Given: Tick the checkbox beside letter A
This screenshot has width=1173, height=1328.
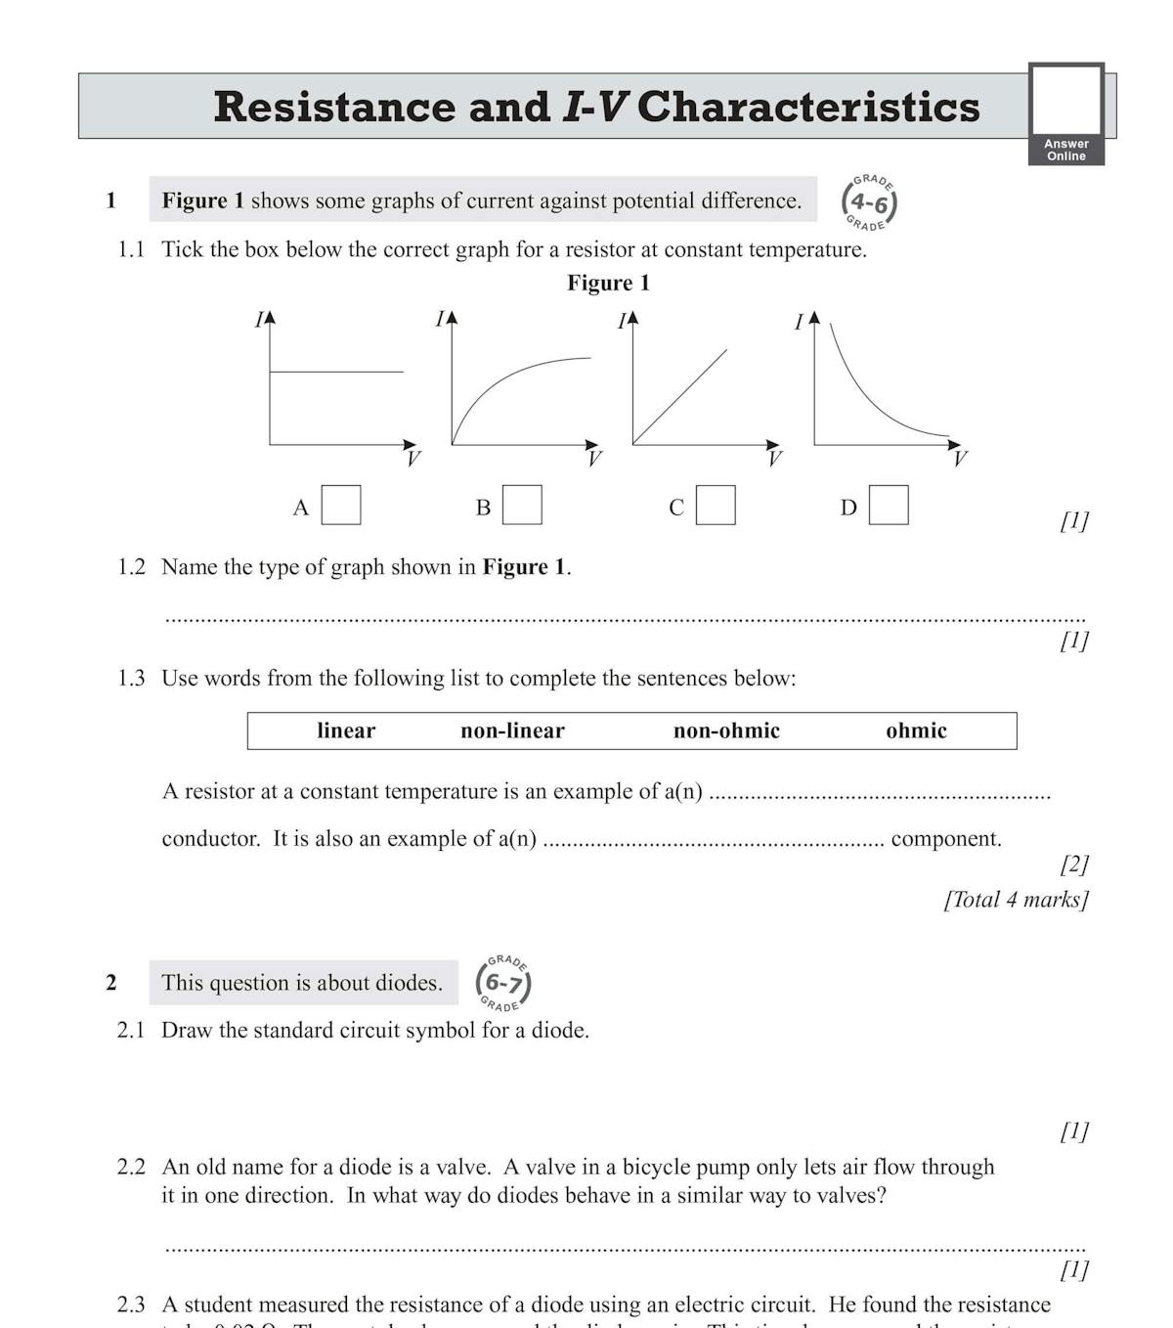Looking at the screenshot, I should [341, 506].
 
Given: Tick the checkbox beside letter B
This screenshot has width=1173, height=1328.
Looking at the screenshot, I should [522, 506].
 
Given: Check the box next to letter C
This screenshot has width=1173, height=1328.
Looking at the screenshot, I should [716, 506].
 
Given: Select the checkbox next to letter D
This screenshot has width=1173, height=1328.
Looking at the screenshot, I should [889, 506].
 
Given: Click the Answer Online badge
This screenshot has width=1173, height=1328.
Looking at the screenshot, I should [1066, 114].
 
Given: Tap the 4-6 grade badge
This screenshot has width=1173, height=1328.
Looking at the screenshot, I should [869, 202].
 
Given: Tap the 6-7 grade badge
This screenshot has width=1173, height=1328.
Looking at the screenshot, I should [503, 983].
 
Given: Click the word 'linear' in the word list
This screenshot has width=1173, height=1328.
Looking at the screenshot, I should [346, 730].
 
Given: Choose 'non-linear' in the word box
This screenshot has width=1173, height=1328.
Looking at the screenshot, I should [512, 730].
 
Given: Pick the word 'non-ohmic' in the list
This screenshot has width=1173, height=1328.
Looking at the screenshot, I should [726, 730].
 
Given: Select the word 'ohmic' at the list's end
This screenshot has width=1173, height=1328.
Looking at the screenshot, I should [916, 730].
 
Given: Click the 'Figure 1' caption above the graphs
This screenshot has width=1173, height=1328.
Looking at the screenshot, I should [608, 283].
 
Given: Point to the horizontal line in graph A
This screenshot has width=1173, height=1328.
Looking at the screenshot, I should [335, 372].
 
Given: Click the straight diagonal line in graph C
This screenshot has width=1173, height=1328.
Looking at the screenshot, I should [680, 397].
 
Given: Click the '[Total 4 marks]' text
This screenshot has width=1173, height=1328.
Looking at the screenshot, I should [1016, 900].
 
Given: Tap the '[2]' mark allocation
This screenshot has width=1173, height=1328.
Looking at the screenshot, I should [1074, 864].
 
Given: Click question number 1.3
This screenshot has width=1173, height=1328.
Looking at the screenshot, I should [131, 679].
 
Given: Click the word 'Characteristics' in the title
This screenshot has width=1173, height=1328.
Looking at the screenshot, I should [807, 107].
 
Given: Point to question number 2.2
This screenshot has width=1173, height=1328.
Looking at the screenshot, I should [131, 1167].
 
